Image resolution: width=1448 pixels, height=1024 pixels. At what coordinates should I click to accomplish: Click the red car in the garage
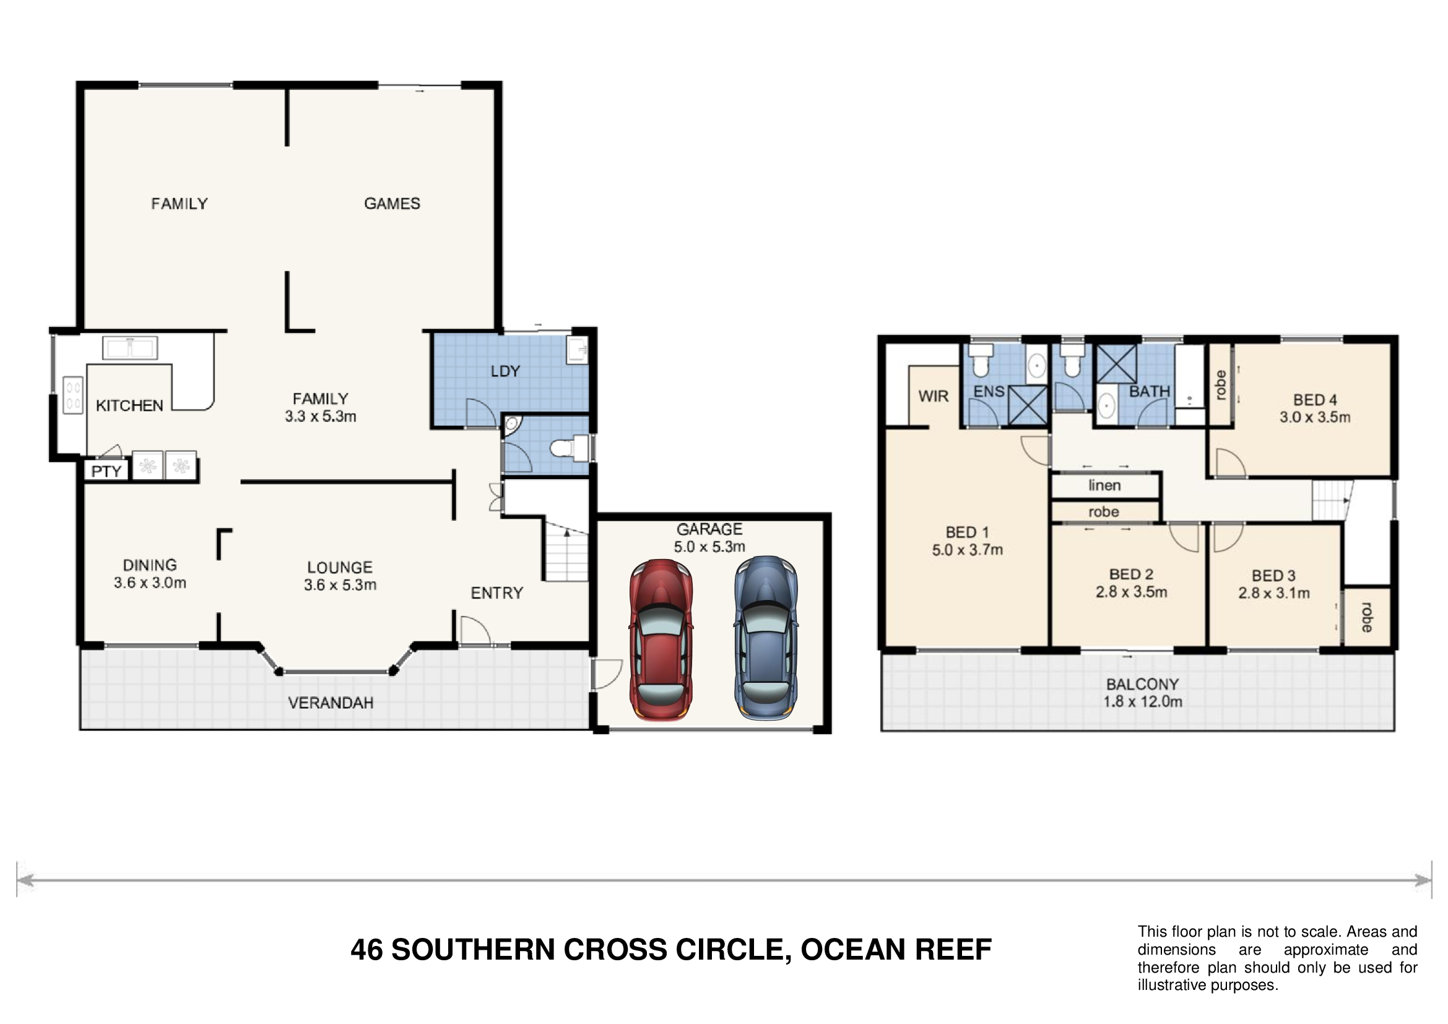[661, 639]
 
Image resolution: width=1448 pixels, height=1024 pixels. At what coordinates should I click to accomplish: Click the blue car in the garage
[766, 638]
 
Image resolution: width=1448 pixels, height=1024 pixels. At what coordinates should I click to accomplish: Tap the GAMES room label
[392, 204]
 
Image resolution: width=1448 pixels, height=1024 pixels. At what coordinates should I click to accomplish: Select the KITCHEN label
[129, 406]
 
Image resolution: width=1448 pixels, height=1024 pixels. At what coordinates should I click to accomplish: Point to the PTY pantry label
[106, 471]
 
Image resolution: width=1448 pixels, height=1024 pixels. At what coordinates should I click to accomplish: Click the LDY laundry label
[505, 371]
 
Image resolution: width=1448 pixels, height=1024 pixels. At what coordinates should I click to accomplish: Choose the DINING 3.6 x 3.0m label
[150, 574]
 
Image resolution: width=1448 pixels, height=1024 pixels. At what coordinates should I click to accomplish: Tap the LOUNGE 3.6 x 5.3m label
[340, 576]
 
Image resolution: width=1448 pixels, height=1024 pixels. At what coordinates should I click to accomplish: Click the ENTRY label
[497, 592]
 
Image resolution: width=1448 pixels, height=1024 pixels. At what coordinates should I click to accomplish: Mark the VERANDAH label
[331, 703]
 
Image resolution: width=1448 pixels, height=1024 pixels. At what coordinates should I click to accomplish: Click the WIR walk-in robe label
[934, 396]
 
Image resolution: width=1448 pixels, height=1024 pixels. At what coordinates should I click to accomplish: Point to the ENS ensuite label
[989, 391]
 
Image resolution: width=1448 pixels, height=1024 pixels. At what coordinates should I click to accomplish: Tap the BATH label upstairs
[1150, 391]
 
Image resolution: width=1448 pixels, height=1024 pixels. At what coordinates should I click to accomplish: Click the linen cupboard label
[1104, 485]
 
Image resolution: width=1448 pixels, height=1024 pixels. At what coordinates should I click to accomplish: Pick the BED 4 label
[1315, 400]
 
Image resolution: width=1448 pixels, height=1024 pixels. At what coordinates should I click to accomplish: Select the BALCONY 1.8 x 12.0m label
[1143, 693]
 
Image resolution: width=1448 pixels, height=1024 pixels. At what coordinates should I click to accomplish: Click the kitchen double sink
[130, 348]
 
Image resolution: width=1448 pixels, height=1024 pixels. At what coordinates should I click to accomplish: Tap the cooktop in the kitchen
[73, 395]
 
